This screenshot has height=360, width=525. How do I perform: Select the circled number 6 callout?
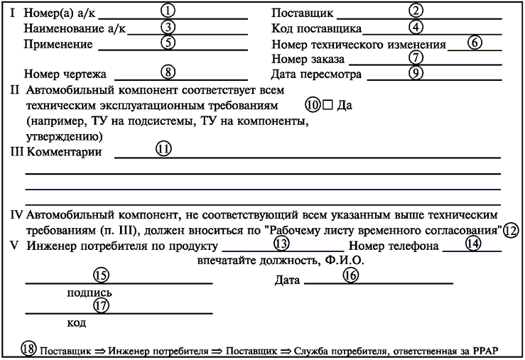point(475,41)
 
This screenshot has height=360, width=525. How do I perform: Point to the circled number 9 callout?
point(416,72)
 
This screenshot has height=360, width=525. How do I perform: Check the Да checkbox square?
point(328,104)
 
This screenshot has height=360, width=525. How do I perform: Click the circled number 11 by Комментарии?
point(164,149)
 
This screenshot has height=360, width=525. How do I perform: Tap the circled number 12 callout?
point(511,230)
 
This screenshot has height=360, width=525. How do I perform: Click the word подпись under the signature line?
point(88,292)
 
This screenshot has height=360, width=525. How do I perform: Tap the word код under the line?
point(77,323)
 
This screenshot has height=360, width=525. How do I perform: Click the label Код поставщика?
point(316,29)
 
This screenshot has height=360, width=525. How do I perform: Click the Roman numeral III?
point(16,152)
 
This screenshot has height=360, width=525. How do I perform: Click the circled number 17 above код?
point(102,305)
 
